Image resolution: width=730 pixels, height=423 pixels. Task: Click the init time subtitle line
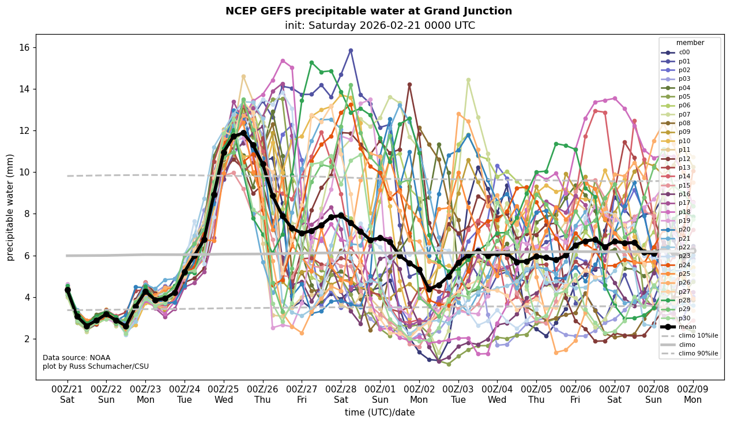click(380, 25)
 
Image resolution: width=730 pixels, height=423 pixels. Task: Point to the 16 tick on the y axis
click(26, 47)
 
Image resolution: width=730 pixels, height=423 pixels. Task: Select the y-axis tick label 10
click(26, 172)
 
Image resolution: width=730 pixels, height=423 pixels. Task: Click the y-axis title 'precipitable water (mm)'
click(10, 207)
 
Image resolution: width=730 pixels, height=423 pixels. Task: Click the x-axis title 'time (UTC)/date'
click(379, 412)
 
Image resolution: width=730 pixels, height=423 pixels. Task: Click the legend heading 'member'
click(690, 43)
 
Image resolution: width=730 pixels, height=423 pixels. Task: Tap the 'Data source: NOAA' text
click(76, 358)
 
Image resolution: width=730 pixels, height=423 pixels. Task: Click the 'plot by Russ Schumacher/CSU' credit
click(95, 366)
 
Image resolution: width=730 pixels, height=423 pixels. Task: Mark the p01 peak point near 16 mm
click(351, 50)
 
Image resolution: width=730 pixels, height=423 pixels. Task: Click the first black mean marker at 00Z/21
click(67, 290)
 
